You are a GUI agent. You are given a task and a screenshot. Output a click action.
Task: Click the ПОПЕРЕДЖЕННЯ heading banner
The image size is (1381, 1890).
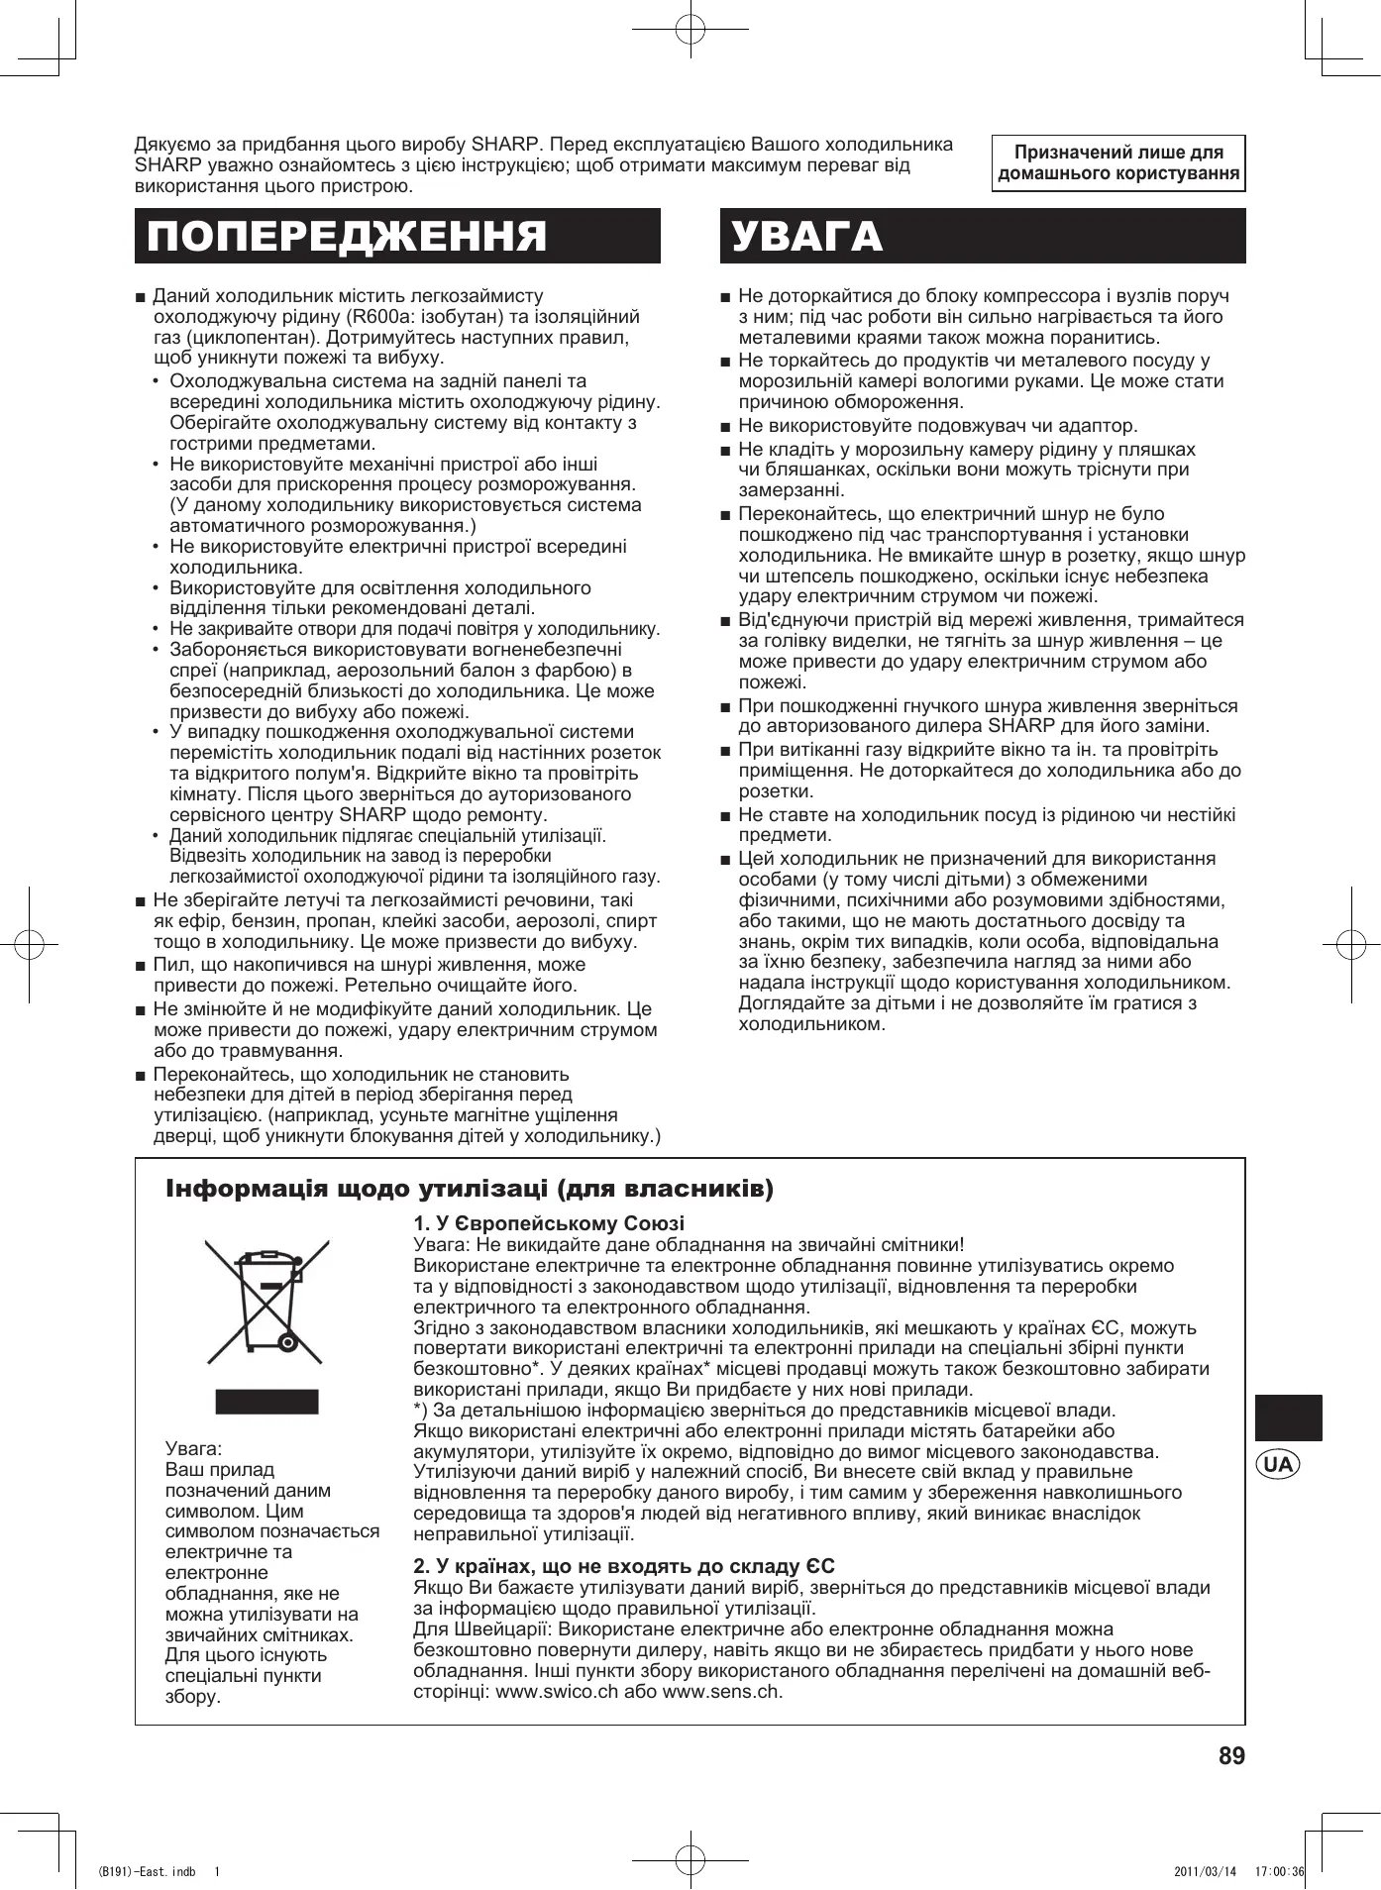tap(397, 236)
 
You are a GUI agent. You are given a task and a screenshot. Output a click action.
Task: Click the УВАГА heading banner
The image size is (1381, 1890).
tap(982, 236)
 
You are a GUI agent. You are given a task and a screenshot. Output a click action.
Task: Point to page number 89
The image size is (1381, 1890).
tap(1231, 1756)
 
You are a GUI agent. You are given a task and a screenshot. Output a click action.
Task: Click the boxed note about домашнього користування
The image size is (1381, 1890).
tap(1118, 163)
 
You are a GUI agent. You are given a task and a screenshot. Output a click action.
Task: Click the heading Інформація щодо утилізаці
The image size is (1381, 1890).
tap(470, 1188)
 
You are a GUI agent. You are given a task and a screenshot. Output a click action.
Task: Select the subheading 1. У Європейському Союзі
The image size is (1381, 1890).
tap(549, 1223)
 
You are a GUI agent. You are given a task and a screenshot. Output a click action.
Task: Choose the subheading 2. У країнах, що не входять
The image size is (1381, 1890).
tap(624, 1566)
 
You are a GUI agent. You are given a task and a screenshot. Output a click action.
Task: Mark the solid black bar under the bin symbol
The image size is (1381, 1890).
tap(267, 1402)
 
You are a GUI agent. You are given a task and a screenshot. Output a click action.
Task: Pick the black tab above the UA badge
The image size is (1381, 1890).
tap(1288, 1417)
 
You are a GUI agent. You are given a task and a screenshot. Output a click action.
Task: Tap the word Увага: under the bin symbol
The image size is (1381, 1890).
tap(194, 1449)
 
